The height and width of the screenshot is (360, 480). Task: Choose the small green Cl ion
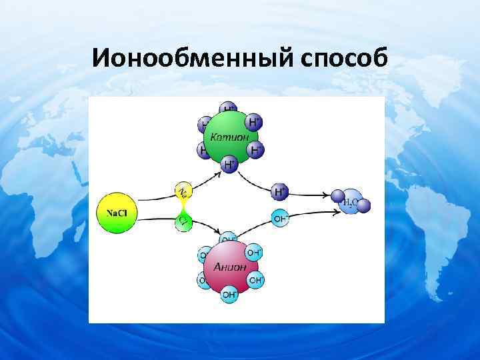click(183, 221)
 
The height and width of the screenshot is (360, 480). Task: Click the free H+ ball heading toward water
click(280, 193)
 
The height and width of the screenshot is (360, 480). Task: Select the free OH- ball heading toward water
click(280, 217)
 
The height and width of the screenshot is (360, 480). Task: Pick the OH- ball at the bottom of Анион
click(229, 293)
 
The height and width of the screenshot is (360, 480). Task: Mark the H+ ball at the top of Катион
click(229, 109)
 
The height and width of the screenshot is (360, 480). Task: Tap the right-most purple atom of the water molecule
click(363, 206)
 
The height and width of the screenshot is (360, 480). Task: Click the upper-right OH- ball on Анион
click(253, 253)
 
